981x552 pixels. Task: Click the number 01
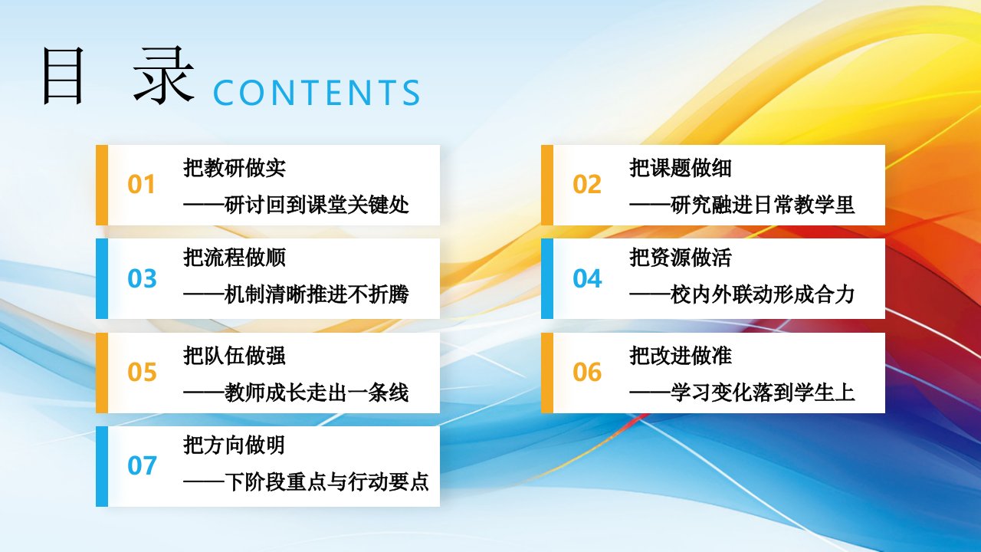click(x=141, y=185)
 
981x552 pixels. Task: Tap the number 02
click(x=587, y=185)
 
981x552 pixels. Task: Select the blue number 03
click(x=142, y=278)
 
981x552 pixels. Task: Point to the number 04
click(x=587, y=278)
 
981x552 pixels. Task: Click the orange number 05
click(x=142, y=372)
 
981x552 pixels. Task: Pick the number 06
click(x=587, y=372)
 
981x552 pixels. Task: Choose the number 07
click(x=142, y=465)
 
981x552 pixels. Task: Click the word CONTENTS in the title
click(x=317, y=93)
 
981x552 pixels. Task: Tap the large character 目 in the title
click(x=63, y=77)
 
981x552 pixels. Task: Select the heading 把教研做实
click(x=235, y=168)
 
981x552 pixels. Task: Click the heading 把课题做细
click(x=680, y=168)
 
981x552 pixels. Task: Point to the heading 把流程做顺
click(x=235, y=257)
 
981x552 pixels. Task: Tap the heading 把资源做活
click(x=680, y=257)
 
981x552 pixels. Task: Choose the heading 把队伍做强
click(x=235, y=355)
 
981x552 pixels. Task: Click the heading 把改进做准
click(x=680, y=355)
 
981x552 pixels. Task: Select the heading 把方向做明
click(x=235, y=445)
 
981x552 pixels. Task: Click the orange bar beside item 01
click(x=102, y=186)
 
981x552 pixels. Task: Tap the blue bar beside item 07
click(x=102, y=467)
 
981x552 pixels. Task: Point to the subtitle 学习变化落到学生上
click(x=763, y=393)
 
